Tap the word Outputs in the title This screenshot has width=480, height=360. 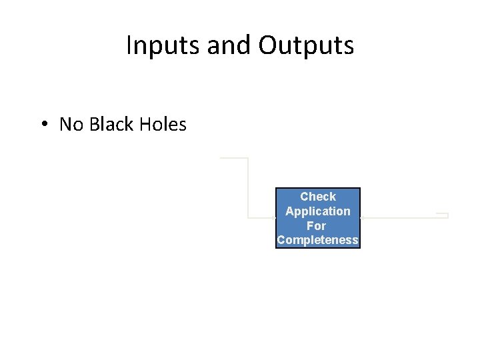pos(306,45)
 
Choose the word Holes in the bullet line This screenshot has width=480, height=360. pos(163,125)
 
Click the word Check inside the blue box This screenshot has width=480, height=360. pos(318,197)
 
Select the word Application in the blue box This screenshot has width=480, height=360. pos(318,211)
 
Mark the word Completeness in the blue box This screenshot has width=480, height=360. pos(318,240)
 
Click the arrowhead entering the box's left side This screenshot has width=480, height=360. pos(273,217)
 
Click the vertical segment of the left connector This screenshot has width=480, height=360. pos(248,187)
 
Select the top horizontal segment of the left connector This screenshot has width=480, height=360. pos(234,159)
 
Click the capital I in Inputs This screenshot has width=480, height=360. pos(129,45)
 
